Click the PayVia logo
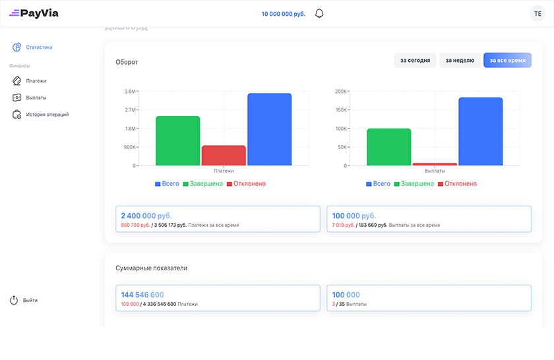pos(34,13)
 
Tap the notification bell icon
pos(319,13)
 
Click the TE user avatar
pos(538,14)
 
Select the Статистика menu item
pos(39,47)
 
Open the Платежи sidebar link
pos(36,81)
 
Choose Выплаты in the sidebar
pos(36,98)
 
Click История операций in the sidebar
pos(47,115)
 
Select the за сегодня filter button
pos(415,61)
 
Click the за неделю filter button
pos(460,61)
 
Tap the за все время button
pos(507,61)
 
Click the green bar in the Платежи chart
pos(177,140)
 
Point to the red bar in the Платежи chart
pos(224,156)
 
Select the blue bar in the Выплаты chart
pos(480,131)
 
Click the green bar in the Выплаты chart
pos(388,146)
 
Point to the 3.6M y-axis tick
pos(130,91)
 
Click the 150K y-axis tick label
pos(341,110)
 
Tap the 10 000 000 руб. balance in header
pos(284,14)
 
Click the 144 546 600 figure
pos(142,295)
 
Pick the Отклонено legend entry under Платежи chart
pos(246,184)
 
